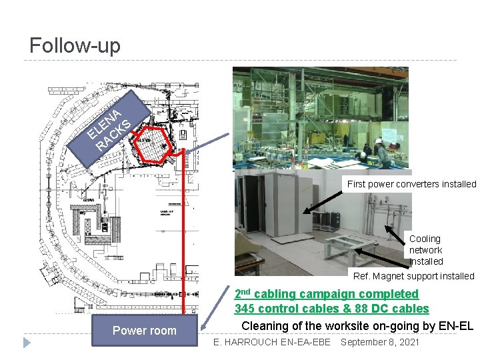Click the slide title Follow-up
pos(75,45)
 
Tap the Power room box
pos(144,331)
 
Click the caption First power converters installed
pos(411,184)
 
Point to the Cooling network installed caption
pos(425,250)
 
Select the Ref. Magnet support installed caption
pos(413,276)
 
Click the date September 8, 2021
pos(379,342)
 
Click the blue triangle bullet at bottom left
pos(27,343)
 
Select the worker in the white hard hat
pos(381,152)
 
